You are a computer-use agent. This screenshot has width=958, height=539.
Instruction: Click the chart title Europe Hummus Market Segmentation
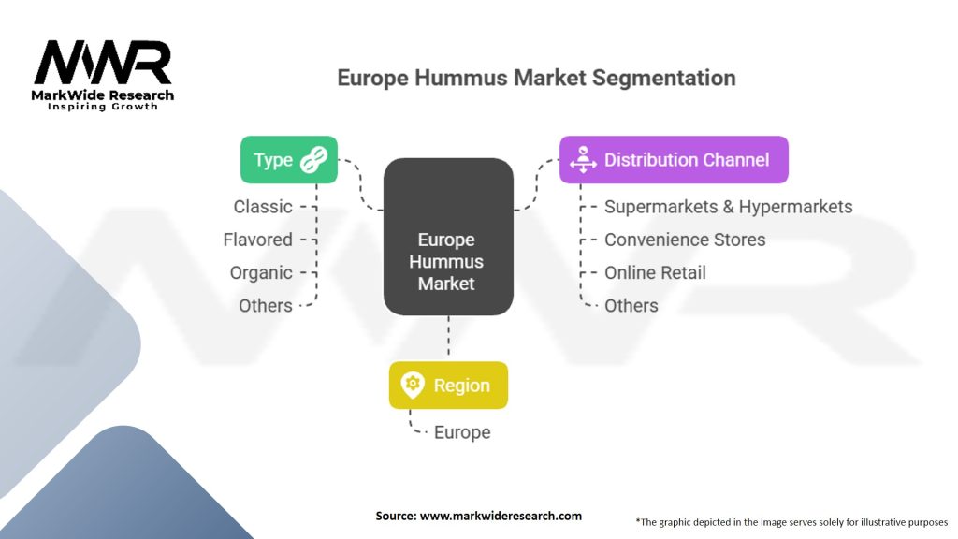tap(536, 78)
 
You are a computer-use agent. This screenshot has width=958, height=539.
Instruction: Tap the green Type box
tap(288, 159)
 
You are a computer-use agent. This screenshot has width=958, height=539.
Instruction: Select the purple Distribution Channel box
tap(674, 159)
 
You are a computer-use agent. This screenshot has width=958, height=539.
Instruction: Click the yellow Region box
tap(448, 385)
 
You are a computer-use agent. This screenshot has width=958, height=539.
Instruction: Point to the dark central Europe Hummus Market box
tap(448, 236)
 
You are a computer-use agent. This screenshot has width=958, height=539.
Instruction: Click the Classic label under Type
tap(263, 207)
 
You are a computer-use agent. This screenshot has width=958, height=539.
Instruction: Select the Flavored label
tap(257, 240)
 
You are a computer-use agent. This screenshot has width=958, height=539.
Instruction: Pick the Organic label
tap(261, 272)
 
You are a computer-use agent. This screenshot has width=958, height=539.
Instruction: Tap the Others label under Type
tap(265, 305)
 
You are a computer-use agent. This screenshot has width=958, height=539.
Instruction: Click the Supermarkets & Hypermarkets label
tap(728, 207)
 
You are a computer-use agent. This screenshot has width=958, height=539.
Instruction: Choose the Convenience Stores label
tap(685, 240)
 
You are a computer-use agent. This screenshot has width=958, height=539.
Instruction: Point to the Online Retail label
tap(655, 272)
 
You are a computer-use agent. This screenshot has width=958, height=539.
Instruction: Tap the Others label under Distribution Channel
tap(631, 305)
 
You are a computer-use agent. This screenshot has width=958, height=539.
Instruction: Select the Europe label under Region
tap(462, 432)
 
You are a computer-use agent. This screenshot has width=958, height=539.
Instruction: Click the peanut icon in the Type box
tap(312, 160)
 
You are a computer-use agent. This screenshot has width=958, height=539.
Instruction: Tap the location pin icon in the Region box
tap(412, 385)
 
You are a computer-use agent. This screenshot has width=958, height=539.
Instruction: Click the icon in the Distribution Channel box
tap(583, 159)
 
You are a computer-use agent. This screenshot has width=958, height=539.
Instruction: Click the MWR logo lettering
tap(103, 65)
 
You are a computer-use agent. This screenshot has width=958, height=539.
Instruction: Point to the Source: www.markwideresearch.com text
tap(478, 516)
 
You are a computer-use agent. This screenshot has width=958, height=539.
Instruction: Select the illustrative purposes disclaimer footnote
tap(791, 521)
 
